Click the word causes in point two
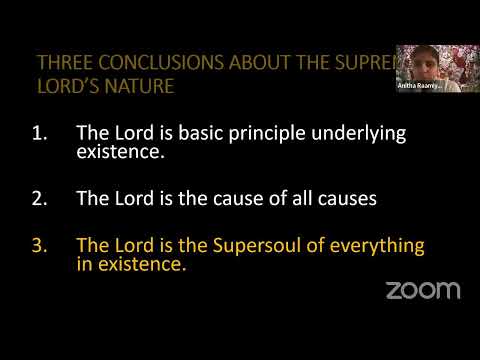345,198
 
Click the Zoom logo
423,290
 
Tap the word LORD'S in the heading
72,86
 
